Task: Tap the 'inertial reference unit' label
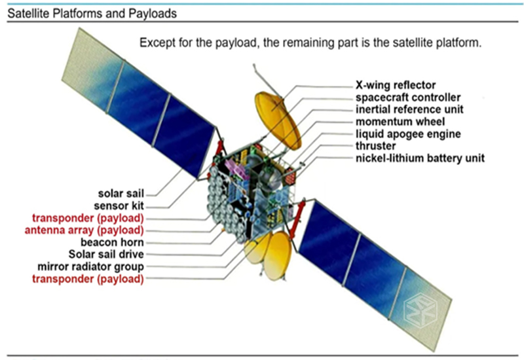[410, 109]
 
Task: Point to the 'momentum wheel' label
[400, 122]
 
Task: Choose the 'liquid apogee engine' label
[408, 134]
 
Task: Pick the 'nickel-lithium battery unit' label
[420, 158]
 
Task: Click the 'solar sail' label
[120, 194]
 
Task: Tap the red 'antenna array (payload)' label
[84, 230]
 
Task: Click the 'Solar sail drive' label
[106, 254]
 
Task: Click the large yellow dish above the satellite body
[277, 120]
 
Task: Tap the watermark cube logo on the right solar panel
[418, 306]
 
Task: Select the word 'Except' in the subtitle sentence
[158, 44]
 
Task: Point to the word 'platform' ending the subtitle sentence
[455, 44]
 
